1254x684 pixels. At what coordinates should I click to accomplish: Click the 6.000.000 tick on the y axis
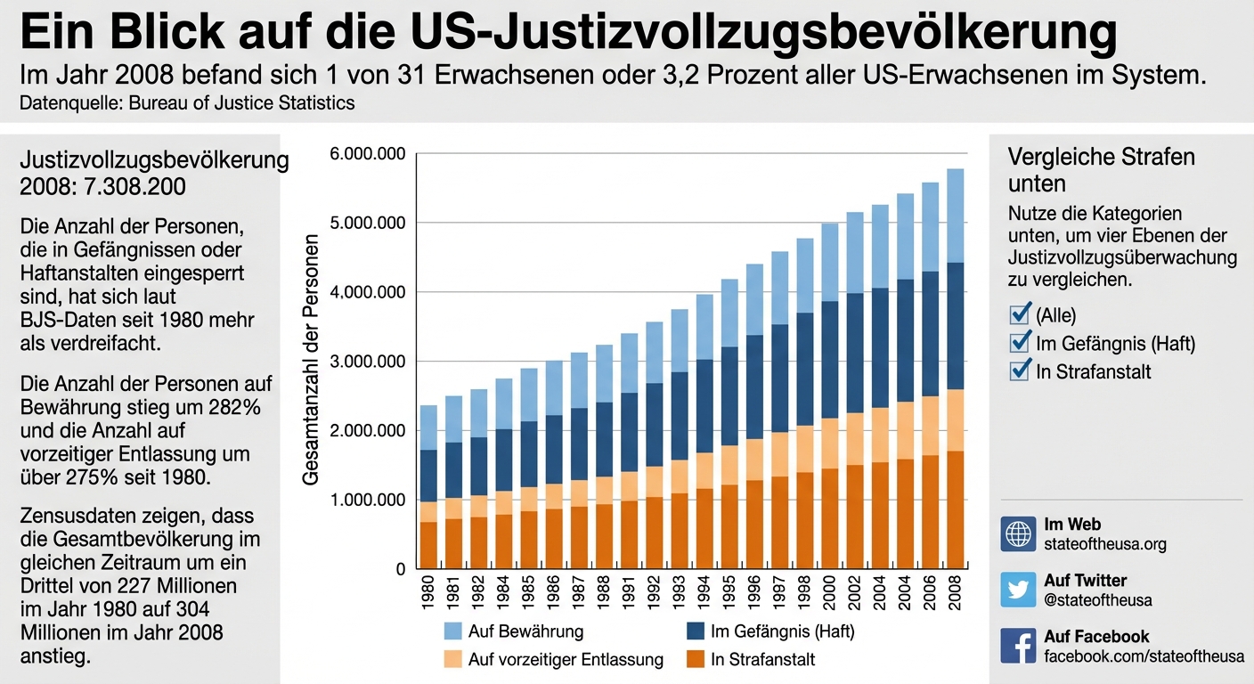pyautogui.click(x=367, y=154)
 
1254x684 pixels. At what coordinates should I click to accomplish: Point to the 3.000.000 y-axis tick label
pyautogui.click(x=367, y=362)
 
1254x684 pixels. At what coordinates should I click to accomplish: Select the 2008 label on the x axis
pyautogui.click(x=955, y=594)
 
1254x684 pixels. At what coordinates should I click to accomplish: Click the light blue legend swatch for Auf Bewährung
pyautogui.click(x=454, y=631)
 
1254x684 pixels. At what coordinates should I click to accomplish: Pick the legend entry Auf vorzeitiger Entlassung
pyautogui.click(x=566, y=660)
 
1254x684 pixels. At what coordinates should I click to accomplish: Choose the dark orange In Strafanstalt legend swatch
pyautogui.click(x=697, y=660)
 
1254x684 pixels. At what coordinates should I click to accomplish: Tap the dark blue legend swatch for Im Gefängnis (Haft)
pyautogui.click(x=697, y=631)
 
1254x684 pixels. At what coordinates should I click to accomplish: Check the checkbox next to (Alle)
pyautogui.click(x=1020, y=314)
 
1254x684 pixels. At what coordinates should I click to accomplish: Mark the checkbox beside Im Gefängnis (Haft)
pyautogui.click(x=1020, y=343)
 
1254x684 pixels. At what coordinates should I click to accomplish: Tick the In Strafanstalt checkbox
pyautogui.click(x=1020, y=370)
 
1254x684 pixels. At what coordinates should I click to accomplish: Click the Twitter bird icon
pyautogui.click(x=1018, y=590)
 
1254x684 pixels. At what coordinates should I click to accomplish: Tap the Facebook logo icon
pyautogui.click(x=1018, y=646)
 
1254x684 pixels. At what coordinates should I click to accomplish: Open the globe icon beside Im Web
pyautogui.click(x=1018, y=533)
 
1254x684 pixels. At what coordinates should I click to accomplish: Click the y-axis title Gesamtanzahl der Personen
pyautogui.click(x=311, y=360)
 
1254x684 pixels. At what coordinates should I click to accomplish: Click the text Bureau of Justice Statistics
pyautogui.click(x=241, y=102)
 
